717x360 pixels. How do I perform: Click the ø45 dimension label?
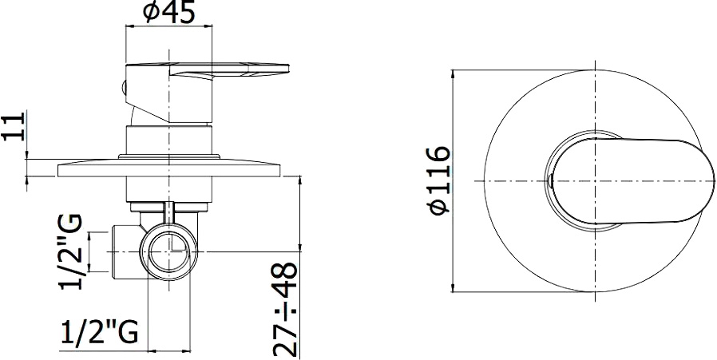169,12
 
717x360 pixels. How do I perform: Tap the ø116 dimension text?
439,180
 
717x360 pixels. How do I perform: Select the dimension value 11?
13,126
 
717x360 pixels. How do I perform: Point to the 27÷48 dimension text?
286,310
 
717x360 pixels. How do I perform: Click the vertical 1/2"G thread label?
71,251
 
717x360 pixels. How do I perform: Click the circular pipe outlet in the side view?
168,251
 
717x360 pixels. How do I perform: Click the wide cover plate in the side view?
168,168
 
